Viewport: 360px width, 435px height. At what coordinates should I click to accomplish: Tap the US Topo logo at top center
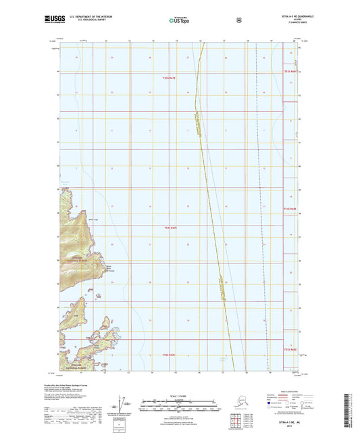pyautogui.click(x=180, y=20)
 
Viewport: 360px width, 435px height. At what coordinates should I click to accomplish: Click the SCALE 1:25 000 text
pyautogui.click(x=180, y=395)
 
